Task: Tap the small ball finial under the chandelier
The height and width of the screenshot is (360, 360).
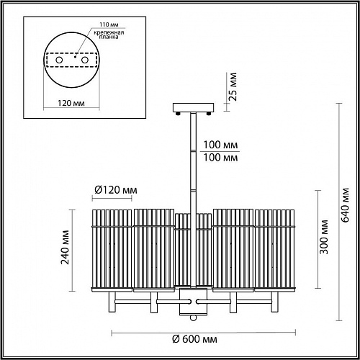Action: click(x=192, y=318)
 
